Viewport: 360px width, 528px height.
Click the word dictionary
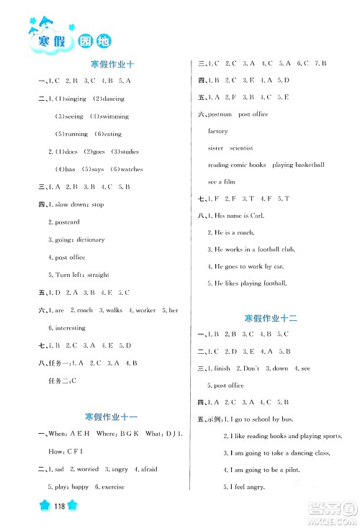coord(86,240)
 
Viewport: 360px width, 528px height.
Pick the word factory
coord(217,132)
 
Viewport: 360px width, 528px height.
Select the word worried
coord(84,469)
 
